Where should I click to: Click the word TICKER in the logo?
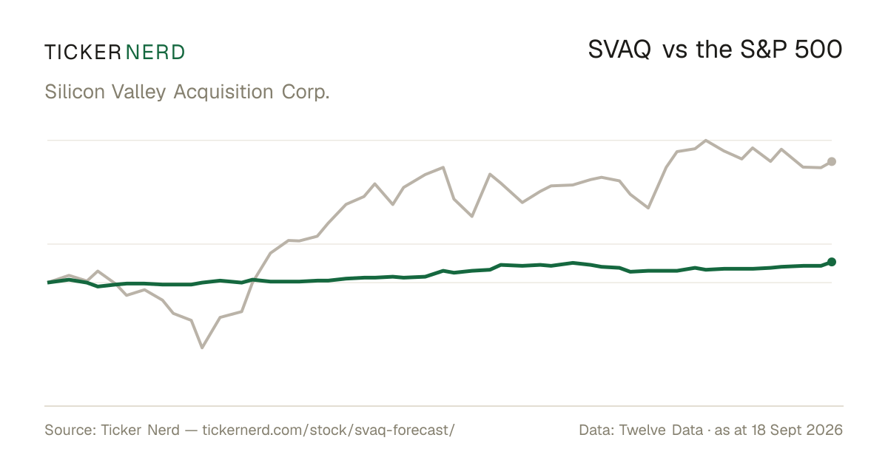click(83, 53)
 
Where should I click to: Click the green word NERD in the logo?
click(155, 53)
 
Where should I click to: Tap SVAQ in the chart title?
click(619, 50)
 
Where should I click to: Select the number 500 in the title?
click(818, 50)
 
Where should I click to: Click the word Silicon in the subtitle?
click(75, 92)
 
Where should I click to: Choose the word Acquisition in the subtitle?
click(223, 92)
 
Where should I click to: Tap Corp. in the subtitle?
click(306, 92)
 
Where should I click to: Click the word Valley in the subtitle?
click(139, 92)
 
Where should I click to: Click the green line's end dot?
click(832, 262)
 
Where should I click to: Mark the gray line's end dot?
click(832, 162)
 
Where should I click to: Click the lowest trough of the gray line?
click(202, 348)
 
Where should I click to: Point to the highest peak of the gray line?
click(706, 141)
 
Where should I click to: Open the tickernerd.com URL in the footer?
click(329, 430)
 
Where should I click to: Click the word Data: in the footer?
click(597, 430)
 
